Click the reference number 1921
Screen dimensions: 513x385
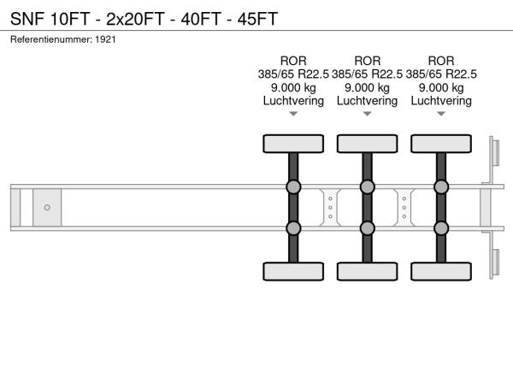pos(106,39)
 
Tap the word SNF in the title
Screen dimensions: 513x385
pos(27,19)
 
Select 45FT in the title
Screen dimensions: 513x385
pos(258,19)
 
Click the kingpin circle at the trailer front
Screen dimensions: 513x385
pos(47,208)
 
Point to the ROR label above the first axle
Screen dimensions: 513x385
pos(293,61)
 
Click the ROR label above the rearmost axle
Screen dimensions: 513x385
pos(441,61)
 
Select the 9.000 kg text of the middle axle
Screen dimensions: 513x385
pos(368,88)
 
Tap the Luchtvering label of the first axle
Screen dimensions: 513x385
pos(293,101)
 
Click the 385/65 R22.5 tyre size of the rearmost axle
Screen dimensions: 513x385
pos(441,74)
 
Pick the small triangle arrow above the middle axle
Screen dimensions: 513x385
pos(368,114)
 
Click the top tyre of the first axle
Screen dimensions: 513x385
pos(293,144)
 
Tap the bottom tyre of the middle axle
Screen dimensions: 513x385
pos(368,271)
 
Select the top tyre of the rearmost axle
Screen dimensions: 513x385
pos(441,144)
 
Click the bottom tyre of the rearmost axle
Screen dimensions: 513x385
pos(441,271)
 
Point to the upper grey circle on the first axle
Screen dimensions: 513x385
pos(293,187)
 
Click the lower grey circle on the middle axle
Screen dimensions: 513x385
pos(368,228)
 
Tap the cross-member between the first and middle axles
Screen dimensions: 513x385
pos(330,208)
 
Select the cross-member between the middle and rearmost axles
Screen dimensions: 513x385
pos(404,208)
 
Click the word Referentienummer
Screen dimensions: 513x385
pos(51,39)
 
